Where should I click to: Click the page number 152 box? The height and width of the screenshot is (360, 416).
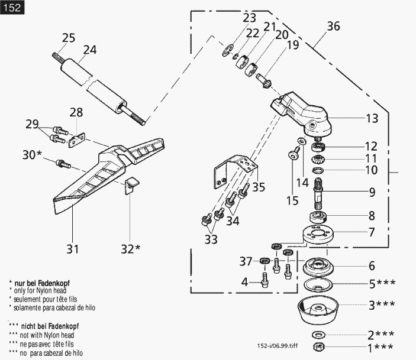[12, 8]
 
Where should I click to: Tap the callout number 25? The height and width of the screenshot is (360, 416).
[69, 38]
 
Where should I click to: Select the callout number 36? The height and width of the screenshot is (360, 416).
[333, 26]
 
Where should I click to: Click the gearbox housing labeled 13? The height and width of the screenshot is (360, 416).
[299, 114]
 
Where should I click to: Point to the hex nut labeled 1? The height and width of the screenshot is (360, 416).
[318, 346]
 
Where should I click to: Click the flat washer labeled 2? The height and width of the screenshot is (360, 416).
[318, 335]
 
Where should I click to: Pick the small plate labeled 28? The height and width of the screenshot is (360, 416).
[77, 140]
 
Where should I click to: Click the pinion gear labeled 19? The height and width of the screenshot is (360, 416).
[263, 81]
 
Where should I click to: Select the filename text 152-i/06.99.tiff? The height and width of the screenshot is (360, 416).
[278, 346]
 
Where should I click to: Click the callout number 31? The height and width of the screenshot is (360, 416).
[72, 249]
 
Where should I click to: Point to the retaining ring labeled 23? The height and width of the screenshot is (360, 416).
[227, 50]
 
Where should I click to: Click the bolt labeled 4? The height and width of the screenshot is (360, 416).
[265, 280]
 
